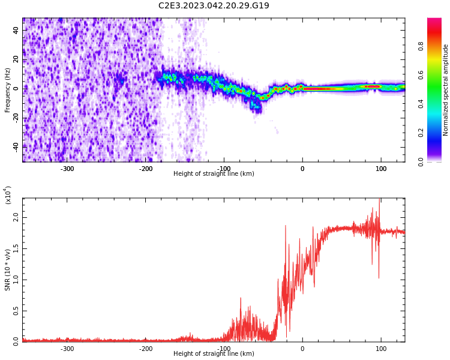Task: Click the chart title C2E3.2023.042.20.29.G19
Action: [x=214, y=5]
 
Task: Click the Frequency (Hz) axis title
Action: [x=7, y=90]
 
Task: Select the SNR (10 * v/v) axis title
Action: [x=7, y=270]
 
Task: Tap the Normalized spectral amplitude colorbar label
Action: [x=445, y=90]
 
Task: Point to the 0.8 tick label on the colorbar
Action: [x=421, y=46]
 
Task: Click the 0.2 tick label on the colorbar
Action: [x=421, y=133]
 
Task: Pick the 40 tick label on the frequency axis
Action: [x=16, y=30]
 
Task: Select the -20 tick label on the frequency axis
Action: [x=16, y=118]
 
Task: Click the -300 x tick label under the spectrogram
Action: [x=67, y=169]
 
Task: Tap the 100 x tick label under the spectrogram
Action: [x=381, y=169]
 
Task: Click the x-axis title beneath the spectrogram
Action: [x=214, y=173]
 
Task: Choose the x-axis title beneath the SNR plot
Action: [x=214, y=353]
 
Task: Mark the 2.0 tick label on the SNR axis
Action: [x=16, y=217]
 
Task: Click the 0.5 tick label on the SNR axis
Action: [x=16, y=311]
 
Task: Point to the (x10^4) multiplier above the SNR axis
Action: [x=8, y=195]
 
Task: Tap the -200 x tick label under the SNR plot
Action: [x=146, y=349]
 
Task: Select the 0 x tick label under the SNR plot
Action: [x=302, y=349]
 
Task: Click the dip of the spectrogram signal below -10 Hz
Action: [x=256, y=107]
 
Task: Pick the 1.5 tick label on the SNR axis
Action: [x=16, y=248]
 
